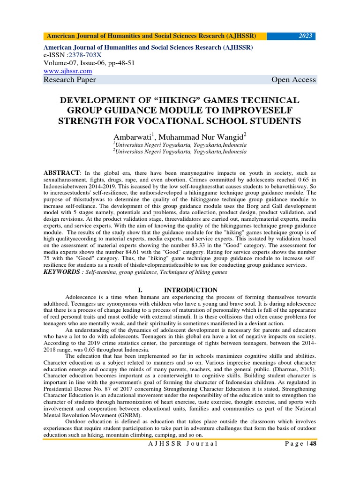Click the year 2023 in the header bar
tap(306, 37)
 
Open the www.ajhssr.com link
tap(67, 71)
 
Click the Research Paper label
tap(69, 80)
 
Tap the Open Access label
tap(293, 80)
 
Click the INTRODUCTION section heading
tap(190, 290)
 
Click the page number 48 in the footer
tap(313, 444)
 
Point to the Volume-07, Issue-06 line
tap(89, 63)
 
